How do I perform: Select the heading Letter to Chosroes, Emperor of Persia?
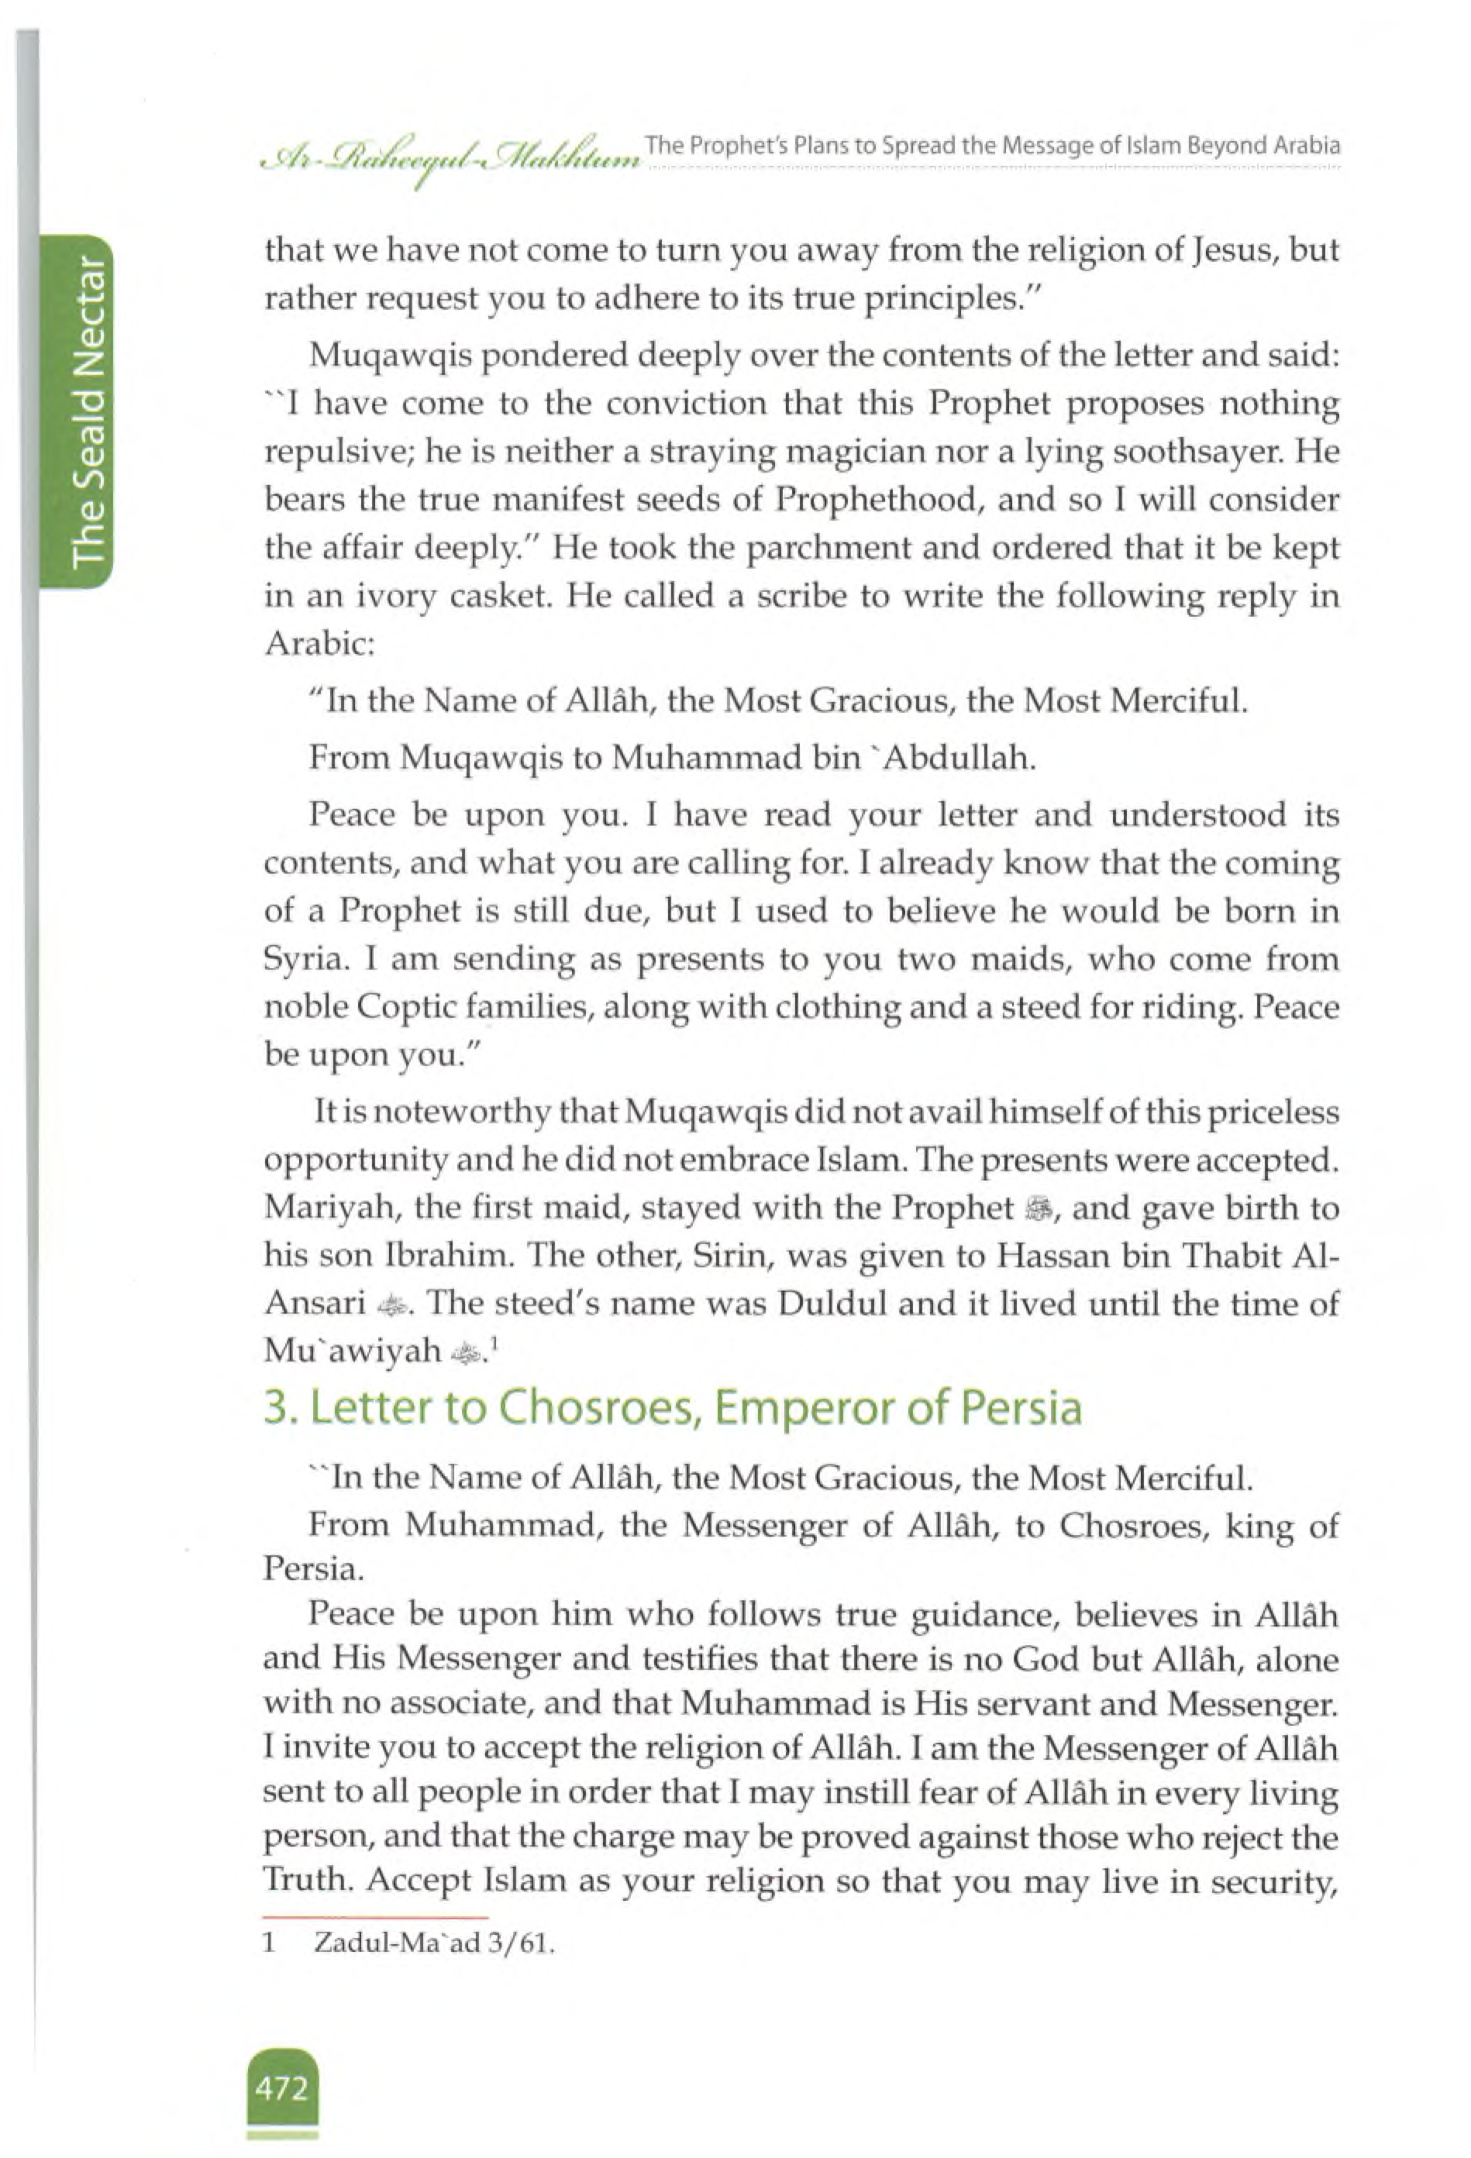coord(673,1407)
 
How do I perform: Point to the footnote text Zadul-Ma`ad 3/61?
coord(434,1943)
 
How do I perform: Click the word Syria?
coord(305,959)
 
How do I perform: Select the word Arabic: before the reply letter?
coord(319,643)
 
